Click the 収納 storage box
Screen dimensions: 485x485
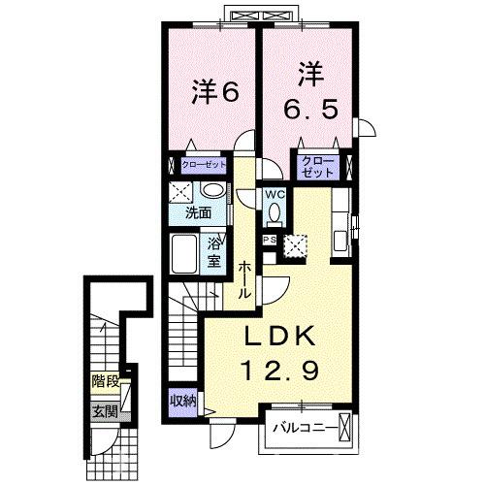183,400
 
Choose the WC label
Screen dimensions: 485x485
275,193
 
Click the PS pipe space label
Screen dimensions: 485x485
269,239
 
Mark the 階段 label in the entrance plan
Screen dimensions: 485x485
104,382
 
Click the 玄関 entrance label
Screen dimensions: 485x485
104,409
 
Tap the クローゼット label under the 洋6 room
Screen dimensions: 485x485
201,166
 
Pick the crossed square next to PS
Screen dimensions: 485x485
293,245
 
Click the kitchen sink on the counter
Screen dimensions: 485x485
341,240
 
